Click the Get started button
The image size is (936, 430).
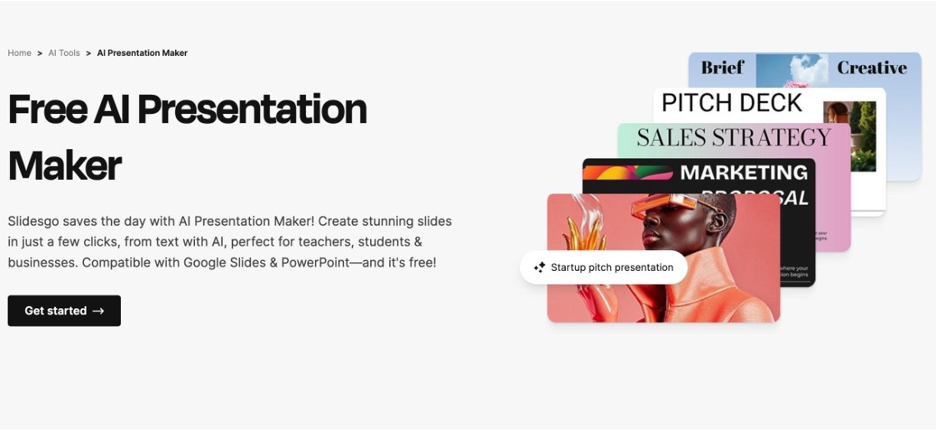pyautogui.click(x=64, y=311)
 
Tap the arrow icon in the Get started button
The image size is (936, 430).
pyautogui.click(x=98, y=311)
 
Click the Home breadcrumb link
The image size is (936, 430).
pyautogui.click(x=19, y=53)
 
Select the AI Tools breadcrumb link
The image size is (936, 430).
pyautogui.click(x=64, y=53)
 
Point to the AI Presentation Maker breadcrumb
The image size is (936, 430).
pyautogui.click(x=142, y=53)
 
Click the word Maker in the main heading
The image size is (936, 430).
pyautogui.click(x=65, y=165)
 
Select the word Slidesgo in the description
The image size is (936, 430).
pyautogui.click(x=36, y=221)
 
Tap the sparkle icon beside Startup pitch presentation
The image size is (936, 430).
pyautogui.click(x=539, y=267)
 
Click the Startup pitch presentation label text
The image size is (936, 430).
pyautogui.click(x=612, y=267)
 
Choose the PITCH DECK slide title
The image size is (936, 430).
pyautogui.click(x=731, y=103)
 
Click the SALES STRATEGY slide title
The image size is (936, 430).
pyautogui.click(x=733, y=137)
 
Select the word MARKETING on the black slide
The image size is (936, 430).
pyautogui.click(x=743, y=173)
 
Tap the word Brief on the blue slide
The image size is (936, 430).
pyautogui.click(x=722, y=67)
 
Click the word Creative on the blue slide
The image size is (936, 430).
pyautogui.click(x=872, y=67)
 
